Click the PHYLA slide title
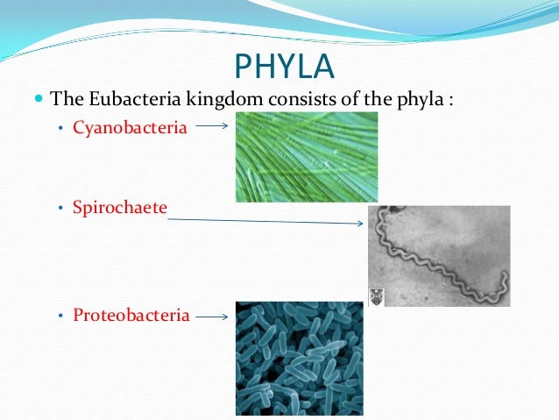(284, 66)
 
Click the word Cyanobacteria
(130, 128)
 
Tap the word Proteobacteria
(131, 315)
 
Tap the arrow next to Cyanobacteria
(211, 126)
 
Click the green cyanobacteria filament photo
(306, 157)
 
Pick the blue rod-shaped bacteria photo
(299, 358)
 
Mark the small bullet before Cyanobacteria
(60, 130)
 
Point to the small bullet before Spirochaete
(60, 211)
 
